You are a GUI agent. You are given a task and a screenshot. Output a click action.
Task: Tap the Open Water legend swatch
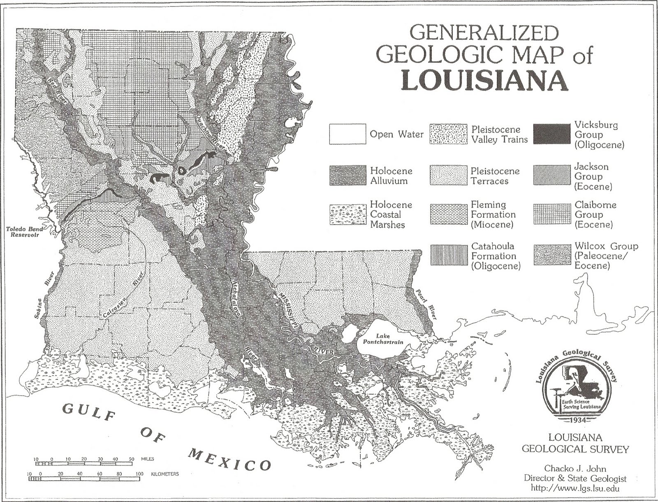347,134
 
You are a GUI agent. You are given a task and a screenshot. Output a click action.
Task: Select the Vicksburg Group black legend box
551,134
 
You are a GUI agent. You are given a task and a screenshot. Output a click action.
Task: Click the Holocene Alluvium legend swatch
347,176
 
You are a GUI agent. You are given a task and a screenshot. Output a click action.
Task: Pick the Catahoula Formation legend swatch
449,255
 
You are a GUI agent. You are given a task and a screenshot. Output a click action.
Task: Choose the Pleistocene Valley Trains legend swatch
449,134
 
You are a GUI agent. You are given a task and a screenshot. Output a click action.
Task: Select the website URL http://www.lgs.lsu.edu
575,488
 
